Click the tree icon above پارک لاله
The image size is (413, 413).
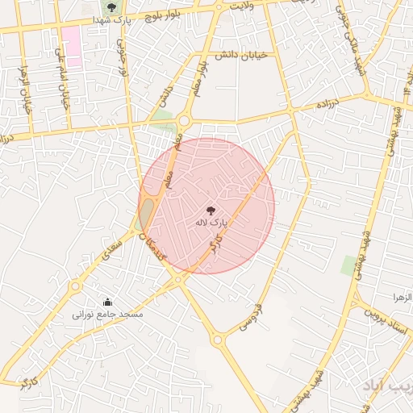coord(211,210)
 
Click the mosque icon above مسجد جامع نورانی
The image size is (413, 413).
coord(107,302)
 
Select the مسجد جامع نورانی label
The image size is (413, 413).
coord(107,314)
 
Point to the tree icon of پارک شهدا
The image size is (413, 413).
coord(111,7)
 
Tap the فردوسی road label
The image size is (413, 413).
coord(252,316)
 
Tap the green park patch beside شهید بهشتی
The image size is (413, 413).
coord(349,265)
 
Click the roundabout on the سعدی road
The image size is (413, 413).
coord(76,286)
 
